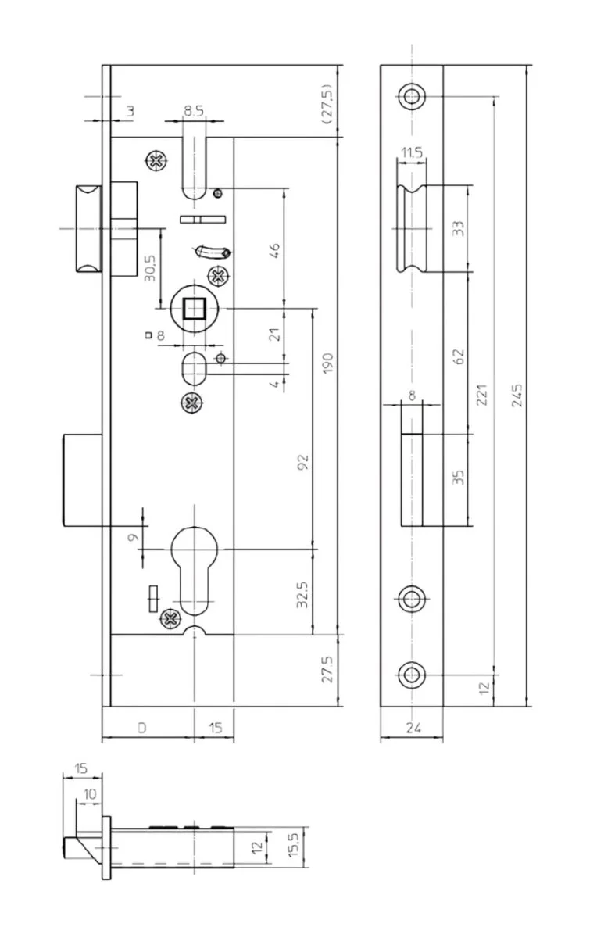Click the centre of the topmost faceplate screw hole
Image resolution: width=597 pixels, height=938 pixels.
click(412, 96)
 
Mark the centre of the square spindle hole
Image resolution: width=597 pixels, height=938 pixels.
click(195, 309)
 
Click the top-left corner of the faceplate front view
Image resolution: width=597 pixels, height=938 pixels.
click(381, 65)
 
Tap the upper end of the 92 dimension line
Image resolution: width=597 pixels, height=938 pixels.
click(313, 309)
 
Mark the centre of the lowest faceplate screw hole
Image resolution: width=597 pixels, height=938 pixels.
click(412, 675)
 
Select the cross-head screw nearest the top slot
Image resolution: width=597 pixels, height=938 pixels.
click(156, 161)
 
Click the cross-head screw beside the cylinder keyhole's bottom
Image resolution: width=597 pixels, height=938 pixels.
click(170, 618)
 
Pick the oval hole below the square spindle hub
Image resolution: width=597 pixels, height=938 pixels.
click(194, 368)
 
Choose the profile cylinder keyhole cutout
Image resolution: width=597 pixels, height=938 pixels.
click(195, 571)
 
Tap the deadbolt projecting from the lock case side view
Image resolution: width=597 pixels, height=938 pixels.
click(83, 480)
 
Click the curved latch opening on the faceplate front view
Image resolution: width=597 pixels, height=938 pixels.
click(412, 228)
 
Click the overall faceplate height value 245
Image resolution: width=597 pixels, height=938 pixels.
click(517, 395)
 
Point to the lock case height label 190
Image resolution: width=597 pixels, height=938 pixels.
click(328, 363)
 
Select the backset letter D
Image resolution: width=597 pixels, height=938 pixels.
click(142, 728)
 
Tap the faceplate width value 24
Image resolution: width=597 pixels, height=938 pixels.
click(413, 728)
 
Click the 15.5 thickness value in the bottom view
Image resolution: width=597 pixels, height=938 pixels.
click(294, 844)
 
